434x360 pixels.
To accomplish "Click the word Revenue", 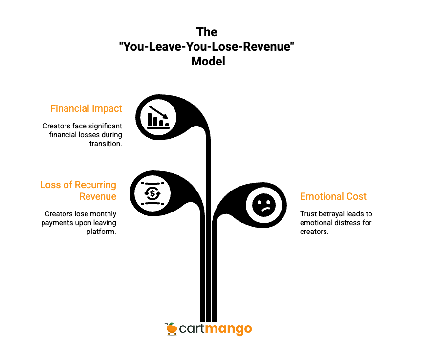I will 98,196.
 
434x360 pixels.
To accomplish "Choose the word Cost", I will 356,196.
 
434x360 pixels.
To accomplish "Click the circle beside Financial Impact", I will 158,117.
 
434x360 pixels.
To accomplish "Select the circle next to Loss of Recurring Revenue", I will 152,193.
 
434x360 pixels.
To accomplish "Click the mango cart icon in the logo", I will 171,329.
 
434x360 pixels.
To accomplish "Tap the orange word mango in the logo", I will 228,329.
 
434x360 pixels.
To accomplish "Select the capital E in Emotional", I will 303,196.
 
